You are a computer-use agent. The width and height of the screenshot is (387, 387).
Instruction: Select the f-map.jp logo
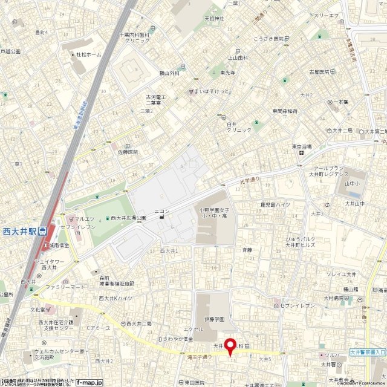tap(89, 382)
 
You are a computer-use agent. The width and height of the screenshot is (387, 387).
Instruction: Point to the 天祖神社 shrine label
tap(214, 19)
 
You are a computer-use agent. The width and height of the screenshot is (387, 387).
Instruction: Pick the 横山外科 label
tap(169, 74)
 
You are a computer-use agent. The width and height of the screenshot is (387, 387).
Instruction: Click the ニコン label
tap(162, 211)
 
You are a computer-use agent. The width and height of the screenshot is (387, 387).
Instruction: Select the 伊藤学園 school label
tap(213, 319)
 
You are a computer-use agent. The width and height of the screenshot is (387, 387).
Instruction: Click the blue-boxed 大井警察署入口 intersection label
tap(368, 351)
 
